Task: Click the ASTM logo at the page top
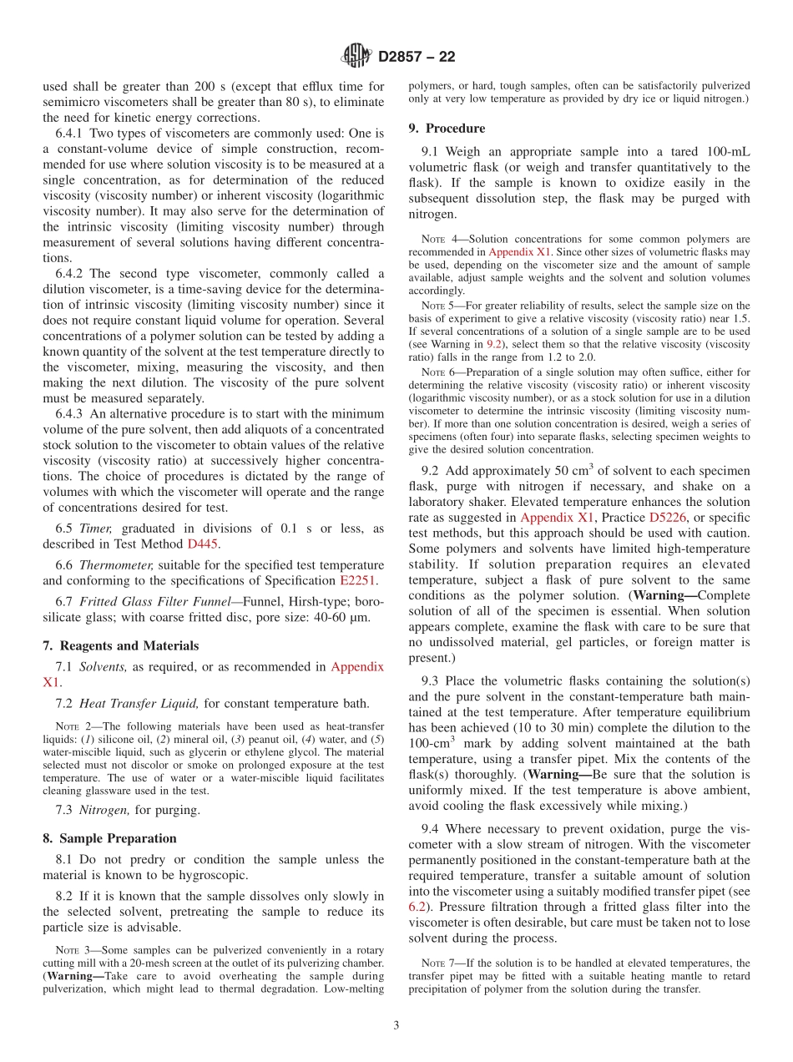click(357, 57)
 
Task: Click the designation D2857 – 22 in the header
click(417, 58)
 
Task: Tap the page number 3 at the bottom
click(396, 1025)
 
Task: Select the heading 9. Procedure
click(447, 129)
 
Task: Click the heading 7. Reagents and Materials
click(120, 645)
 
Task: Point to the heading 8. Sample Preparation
click(109, 838)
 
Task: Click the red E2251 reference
click(359, 580)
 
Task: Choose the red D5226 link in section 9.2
click(667, 518)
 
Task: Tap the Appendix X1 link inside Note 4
click(516, 251)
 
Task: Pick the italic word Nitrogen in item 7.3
click(104, 809)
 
